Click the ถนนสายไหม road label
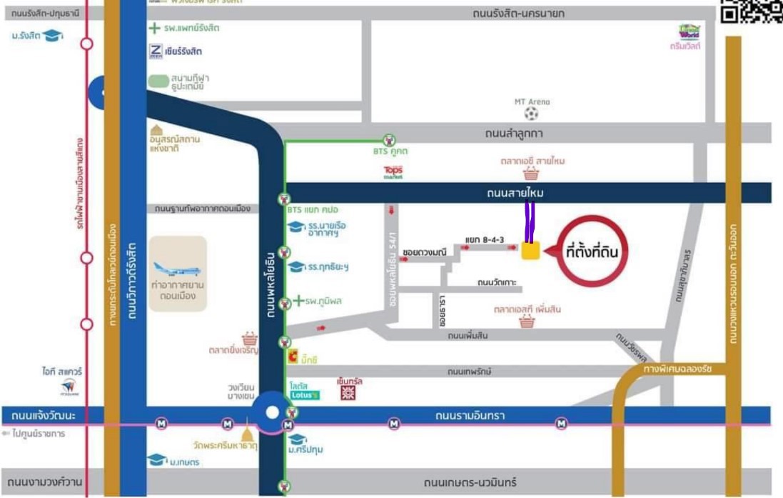(x=515, y=193)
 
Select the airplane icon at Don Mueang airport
(x=177, y=270)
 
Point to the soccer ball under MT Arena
(x=531, y=114)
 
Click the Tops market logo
(x=393, y=172)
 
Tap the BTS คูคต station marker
(x=389, y=140)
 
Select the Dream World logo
(x=689, y=32)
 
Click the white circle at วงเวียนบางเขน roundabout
(x=272, y=412)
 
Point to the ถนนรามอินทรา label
(x=469, y=415)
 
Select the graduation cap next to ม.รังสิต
(x=53, y=35)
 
